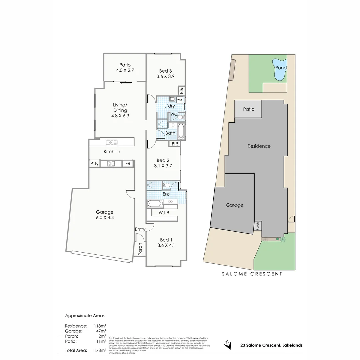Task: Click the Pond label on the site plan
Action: click(x=281, y=68)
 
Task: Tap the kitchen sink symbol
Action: click(x=112, y=143)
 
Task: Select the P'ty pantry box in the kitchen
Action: click(x=94, y=164)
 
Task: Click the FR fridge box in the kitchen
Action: click(x=127, y=164)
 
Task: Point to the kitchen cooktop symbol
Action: click(x=111, y=164)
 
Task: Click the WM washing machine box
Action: click(x=180, y=100)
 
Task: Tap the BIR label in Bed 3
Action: click(x=181, y=90)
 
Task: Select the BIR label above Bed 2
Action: click(x=175, y=144)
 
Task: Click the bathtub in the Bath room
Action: click(x=181, y=131)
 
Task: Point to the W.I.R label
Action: click(x=163, y=213)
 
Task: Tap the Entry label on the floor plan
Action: click(x=140, y=229)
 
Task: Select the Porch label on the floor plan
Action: click(x=140, y=249)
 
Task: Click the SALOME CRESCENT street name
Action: click(x=252, y=274)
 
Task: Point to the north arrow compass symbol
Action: click(x=228, y=345)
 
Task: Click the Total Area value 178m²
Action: click(x=100, y=350)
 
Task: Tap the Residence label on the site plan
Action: click(x=259, y=146)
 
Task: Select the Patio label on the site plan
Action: click(x=248, y=109)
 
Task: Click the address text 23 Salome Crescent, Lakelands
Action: click(x=271, y=345)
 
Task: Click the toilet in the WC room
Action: click(x=180, y=117)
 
